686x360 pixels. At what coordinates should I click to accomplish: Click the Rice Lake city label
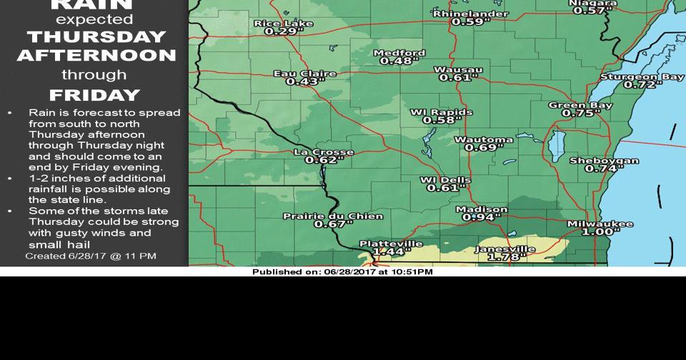284,24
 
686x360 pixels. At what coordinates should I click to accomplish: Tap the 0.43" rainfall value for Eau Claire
302,82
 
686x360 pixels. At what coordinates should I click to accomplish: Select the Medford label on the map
399,53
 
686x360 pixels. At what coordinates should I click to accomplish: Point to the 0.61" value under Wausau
458,78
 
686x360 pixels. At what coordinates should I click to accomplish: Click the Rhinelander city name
471,14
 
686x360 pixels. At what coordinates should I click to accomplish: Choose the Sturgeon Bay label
642,76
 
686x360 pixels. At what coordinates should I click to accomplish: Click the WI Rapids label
441,112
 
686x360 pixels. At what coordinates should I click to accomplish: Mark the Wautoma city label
484,139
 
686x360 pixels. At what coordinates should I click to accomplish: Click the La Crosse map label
324,152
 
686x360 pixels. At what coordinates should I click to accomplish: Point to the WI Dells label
445,179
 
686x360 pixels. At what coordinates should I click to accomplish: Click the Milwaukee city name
600,224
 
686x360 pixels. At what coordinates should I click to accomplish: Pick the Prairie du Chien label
333,216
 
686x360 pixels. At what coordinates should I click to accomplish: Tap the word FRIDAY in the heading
94,95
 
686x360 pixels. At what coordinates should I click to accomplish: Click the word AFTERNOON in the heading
96,56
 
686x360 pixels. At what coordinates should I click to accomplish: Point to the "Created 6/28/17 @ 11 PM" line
91,256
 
